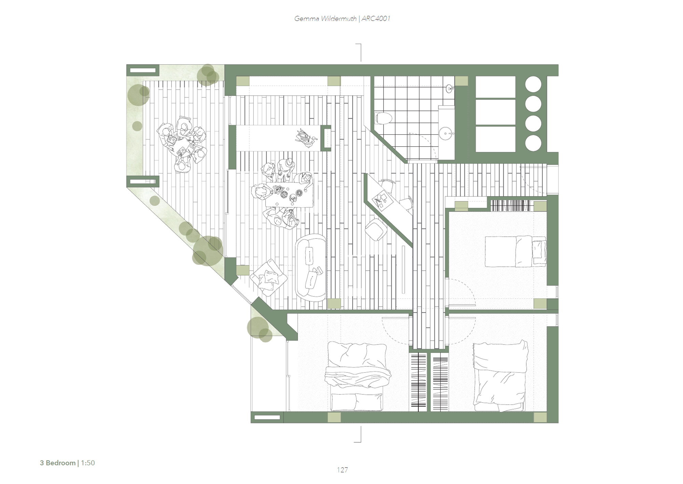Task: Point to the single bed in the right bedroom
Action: click(515, 251)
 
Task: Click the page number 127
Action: click(342, 470)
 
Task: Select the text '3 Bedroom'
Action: click(57, 463)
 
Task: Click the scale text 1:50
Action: click(88, 463)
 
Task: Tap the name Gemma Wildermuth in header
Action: click(325, 18)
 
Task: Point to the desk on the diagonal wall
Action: click(389, 201)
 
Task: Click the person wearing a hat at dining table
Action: click(286, 168)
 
